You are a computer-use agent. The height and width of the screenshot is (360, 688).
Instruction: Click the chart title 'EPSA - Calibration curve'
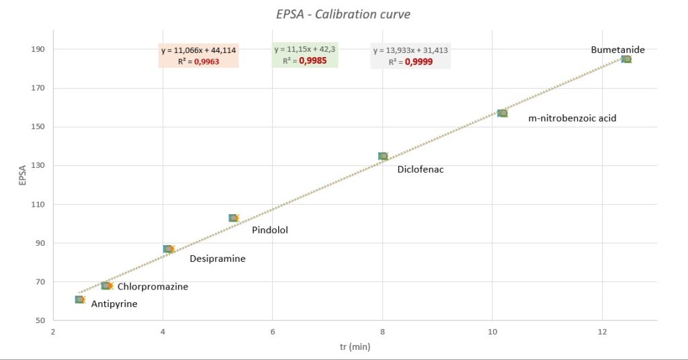[343, 14]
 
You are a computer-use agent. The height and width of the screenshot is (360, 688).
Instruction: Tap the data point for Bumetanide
[626, 59]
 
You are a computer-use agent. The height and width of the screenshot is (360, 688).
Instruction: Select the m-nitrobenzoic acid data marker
[503, 114]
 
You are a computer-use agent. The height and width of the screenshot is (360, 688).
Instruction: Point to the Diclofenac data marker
[383, 156]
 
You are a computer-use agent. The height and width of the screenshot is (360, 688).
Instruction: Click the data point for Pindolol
[233, 218]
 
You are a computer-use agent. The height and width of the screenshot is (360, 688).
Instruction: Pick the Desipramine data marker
[168, 249]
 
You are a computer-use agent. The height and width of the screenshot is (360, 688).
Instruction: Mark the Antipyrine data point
[80, 300]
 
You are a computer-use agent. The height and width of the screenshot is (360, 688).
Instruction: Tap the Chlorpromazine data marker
[105, 285]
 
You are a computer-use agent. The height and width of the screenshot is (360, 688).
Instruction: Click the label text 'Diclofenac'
[420, 169]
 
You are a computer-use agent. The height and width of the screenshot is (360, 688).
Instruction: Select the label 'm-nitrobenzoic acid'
[572, 118]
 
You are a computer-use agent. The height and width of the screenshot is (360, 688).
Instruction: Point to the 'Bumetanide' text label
[617, 50]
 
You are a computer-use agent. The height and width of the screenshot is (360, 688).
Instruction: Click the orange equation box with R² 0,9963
[198, 56]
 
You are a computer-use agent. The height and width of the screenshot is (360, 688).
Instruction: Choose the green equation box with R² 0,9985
[305, 55]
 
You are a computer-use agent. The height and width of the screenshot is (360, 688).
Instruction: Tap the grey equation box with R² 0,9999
[410, 56]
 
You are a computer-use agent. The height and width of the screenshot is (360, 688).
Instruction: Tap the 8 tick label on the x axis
[382, 331]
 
